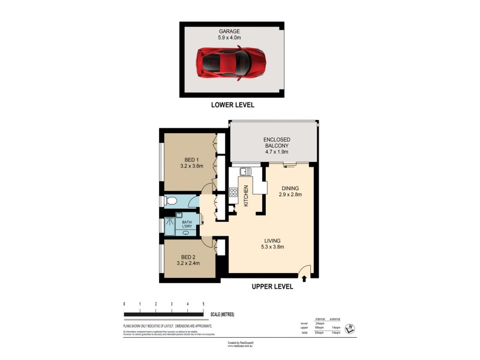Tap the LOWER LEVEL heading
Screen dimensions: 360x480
click(x=232, y=104)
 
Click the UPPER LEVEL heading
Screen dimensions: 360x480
click(x=272, y=287)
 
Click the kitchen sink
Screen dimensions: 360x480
click(x=245, y=172)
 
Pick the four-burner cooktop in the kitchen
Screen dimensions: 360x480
click(x=233, y=193)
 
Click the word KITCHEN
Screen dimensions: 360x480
click(x=246, y=197)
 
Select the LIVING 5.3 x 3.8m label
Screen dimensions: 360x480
click(x=272, y=243)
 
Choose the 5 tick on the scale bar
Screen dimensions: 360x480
click(x=203, y=305)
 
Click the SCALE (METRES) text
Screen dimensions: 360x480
click(x=223, y=314)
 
